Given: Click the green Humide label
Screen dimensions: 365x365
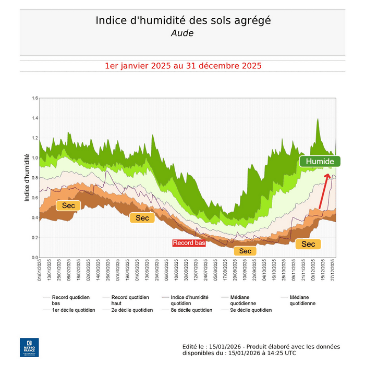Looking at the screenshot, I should (x=320, y=162).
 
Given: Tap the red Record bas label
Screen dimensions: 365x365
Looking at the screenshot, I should (x=189, y=243).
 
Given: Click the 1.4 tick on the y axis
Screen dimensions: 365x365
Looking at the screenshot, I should (x=35, y=118).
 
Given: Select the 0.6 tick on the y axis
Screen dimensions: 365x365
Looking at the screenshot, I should (x=35, y=198).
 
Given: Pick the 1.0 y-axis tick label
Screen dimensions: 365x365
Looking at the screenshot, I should (x=35, y=158).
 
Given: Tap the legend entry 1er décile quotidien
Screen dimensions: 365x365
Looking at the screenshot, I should (x=74, y=310).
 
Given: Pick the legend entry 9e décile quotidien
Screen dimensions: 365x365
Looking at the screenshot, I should (x=250, y=310).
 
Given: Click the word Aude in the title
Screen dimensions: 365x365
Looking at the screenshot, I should (x=182, y=33).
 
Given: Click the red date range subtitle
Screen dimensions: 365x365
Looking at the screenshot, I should (x=182, y=66).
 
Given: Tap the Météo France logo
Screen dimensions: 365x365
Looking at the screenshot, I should (x=29, y=347).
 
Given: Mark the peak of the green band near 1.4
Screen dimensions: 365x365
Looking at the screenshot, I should (x=318, y=119).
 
